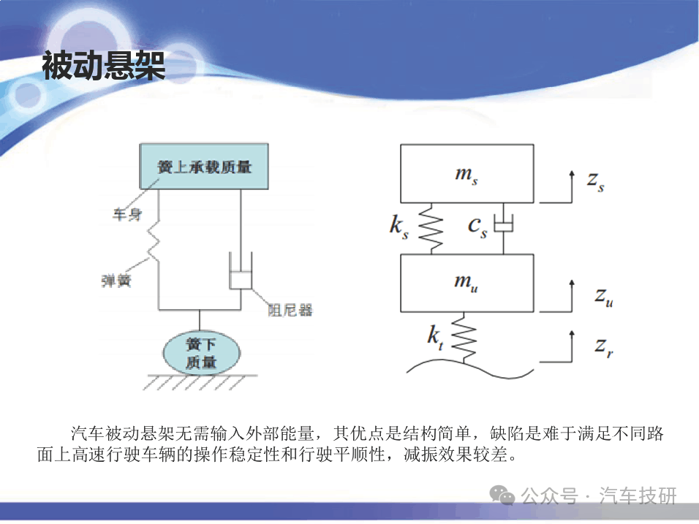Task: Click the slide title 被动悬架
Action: pos(103,66)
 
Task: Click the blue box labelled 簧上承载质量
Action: pos(204,166)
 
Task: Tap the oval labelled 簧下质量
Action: pos(201,352)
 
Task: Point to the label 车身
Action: pos(127,214)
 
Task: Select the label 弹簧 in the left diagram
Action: pos(116,281)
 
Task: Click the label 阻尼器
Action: pos(290,310)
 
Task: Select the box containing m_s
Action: pos(466,173)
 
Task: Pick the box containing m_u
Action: pos(466,283)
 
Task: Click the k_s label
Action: pos(398,227)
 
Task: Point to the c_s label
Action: pos(477,227)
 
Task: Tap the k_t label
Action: pos(436,338)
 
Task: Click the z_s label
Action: pos(596,181)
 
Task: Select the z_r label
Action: pos(604,347)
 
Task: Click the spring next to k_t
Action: pos(464,338)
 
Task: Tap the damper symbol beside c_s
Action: pos(504,223)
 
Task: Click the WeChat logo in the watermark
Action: pos(502,495)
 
